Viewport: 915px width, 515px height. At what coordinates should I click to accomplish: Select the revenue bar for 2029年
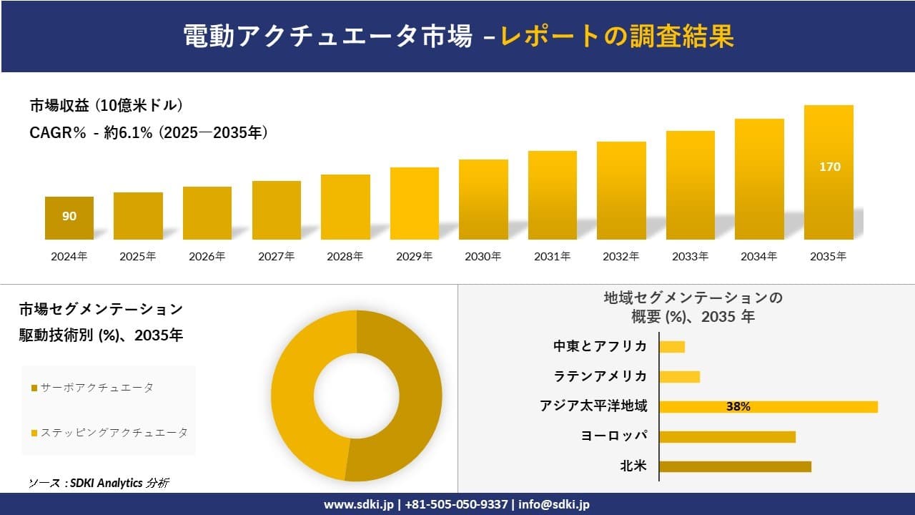[x=415, y=204]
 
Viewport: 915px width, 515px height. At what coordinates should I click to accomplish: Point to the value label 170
[x=829, y=167]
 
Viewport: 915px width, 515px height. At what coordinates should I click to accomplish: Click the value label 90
[x=69, y=216]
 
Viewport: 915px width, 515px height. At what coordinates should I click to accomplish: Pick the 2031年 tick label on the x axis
[x=552, y=256]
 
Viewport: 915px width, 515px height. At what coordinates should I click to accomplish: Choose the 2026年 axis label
[x=207, y=256]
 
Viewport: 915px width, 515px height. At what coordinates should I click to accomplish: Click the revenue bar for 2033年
[x=691, y=185]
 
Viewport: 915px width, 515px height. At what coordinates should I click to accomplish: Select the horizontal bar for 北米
[x=735, y=466]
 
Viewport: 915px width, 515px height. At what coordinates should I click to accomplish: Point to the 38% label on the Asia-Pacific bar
[x=738, y=406]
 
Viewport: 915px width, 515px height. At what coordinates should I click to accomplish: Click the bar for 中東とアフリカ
[x=672, y=347]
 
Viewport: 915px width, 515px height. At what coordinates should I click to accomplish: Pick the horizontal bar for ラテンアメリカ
[x=679, y=377]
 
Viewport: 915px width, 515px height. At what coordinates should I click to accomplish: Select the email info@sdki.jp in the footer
[x=554, y=504]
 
